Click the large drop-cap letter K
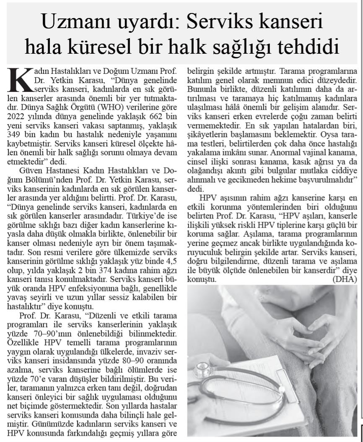tap(19, 78)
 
